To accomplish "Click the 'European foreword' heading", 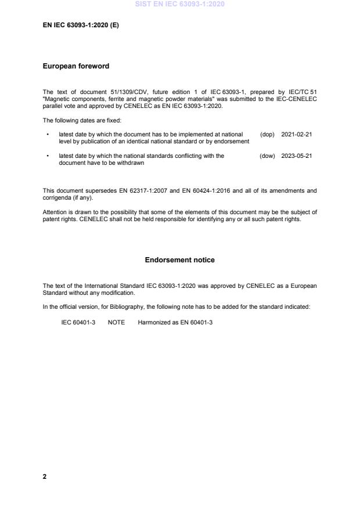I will coord(76,66).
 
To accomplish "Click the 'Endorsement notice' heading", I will coord(179,260).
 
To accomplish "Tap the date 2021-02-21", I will coord(297,134).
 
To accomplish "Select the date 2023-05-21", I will coord(297,156).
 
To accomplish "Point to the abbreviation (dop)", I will coord(267,134).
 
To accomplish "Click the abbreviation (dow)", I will coord(267,156).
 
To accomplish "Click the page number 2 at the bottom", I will coord(45,476).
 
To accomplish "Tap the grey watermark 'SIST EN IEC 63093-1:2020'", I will coord(179,4).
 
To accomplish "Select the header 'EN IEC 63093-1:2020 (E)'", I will coord(81,26).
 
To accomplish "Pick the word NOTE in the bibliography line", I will coord(116,322).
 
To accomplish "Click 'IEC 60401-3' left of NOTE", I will coord(78,322).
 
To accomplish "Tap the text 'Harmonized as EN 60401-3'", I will coord(175,322).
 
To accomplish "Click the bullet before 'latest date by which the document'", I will coord(46,134).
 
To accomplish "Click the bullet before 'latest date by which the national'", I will coord(46,156).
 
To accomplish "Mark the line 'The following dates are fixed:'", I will coord(82,120).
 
